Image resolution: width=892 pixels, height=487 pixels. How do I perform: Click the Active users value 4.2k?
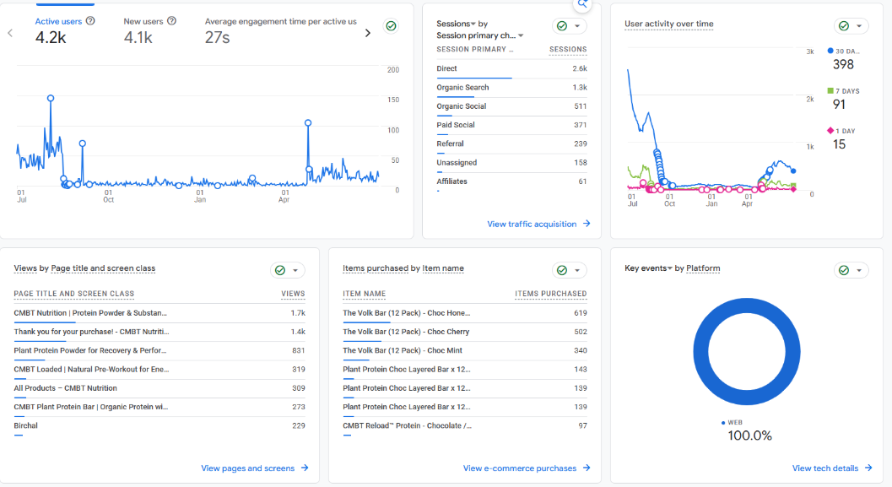(51, 37)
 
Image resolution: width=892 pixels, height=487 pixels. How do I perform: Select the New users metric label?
(143, 21)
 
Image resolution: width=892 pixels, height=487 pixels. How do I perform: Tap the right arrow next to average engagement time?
(367, 33)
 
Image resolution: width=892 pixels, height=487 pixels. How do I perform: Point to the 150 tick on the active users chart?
(393, 100)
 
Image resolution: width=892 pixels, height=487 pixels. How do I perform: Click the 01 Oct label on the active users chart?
(108, 197)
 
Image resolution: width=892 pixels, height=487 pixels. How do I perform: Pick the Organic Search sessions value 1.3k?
(580, 87)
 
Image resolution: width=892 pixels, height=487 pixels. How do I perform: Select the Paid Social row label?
(456, 125)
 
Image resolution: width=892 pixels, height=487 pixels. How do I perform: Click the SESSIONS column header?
(568, 50)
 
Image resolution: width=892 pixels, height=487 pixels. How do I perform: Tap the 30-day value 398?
(843, 64)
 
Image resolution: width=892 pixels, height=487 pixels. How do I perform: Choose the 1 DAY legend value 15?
(839, 144)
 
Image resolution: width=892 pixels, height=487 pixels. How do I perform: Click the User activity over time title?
(669, 24)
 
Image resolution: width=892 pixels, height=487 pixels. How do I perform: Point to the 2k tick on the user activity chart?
(810, 99)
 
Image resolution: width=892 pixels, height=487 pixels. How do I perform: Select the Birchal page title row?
(25, 425)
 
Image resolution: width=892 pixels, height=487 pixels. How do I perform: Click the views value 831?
(299, 350)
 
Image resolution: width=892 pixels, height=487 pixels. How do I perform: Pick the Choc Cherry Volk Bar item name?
(406, 332)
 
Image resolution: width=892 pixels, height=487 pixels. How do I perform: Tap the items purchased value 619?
(581, 313)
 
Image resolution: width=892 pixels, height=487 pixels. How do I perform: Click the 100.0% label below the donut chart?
(749, 436)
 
